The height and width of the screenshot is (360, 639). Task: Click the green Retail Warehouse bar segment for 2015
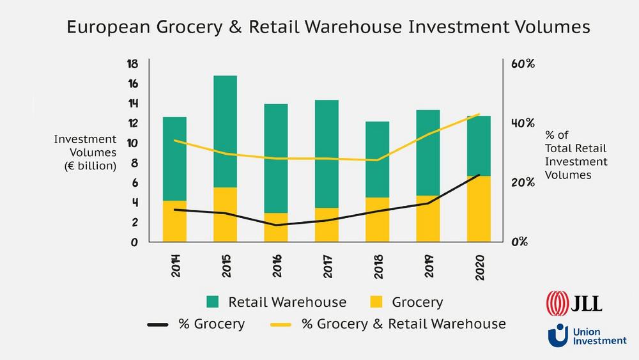tap(225, 131)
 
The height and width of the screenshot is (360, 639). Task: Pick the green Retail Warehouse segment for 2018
tap(377, 159)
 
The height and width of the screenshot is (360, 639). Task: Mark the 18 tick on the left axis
tap(132, 64)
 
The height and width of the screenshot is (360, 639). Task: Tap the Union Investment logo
tap(587, 335)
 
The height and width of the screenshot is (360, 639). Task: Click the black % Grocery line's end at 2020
tap(479, 175)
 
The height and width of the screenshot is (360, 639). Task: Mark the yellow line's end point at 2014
tap(174, 141)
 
